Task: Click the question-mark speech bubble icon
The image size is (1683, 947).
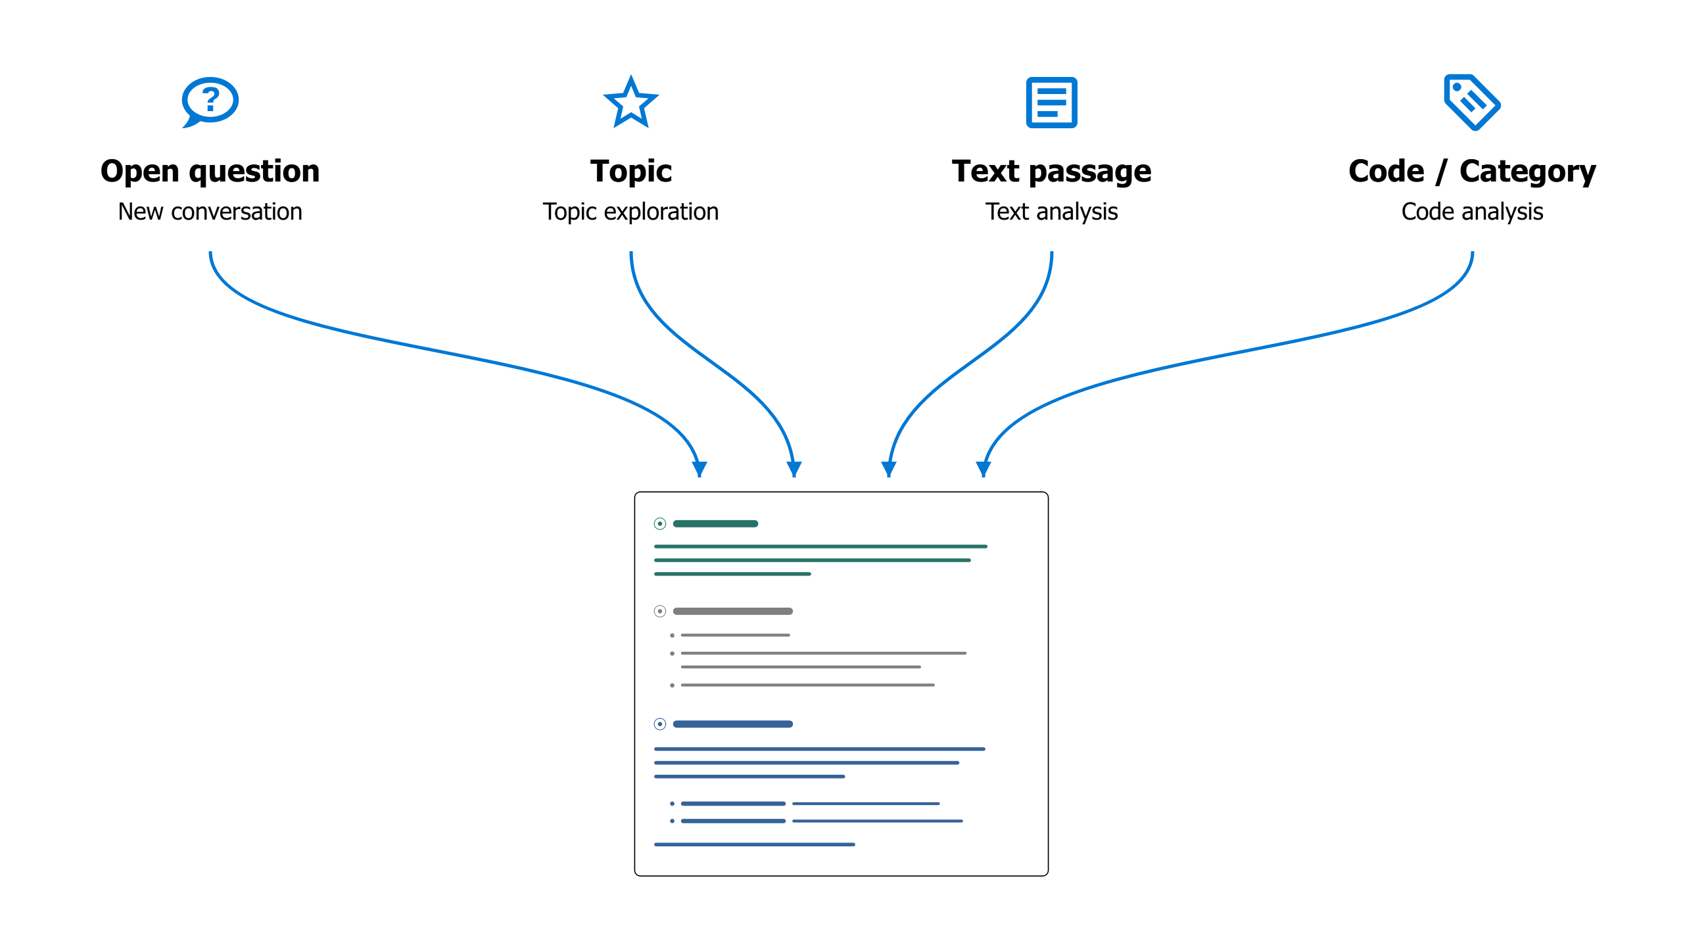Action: (210, 102)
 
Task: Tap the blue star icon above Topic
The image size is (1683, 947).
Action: (631, 102)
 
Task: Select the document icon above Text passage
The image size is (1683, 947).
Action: (1052, 103)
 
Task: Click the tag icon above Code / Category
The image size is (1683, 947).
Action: (1472, 102)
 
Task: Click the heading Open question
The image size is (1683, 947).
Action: (210, 172)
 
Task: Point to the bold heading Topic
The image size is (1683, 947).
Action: (631, 172)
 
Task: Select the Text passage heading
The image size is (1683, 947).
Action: (1052, 172)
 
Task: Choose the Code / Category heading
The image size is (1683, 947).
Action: (1473, 172)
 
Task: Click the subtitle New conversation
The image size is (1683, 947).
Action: (210, 212)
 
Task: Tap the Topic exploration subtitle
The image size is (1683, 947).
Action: (631, 212)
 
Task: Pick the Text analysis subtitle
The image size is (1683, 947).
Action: (1052, 212)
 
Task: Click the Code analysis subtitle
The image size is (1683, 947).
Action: (1473, 212)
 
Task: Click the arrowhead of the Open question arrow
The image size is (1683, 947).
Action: (699, 470)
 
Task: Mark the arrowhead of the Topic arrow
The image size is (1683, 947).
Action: (794, 470)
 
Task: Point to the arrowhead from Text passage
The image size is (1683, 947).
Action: (889, 470)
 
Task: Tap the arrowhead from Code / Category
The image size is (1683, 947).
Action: (984, 470)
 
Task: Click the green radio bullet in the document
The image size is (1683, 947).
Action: (660, 523)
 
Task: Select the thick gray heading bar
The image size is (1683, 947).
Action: (733, 611)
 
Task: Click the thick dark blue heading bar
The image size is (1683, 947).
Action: (733, 724)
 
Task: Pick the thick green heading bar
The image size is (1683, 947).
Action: (716, 523)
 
